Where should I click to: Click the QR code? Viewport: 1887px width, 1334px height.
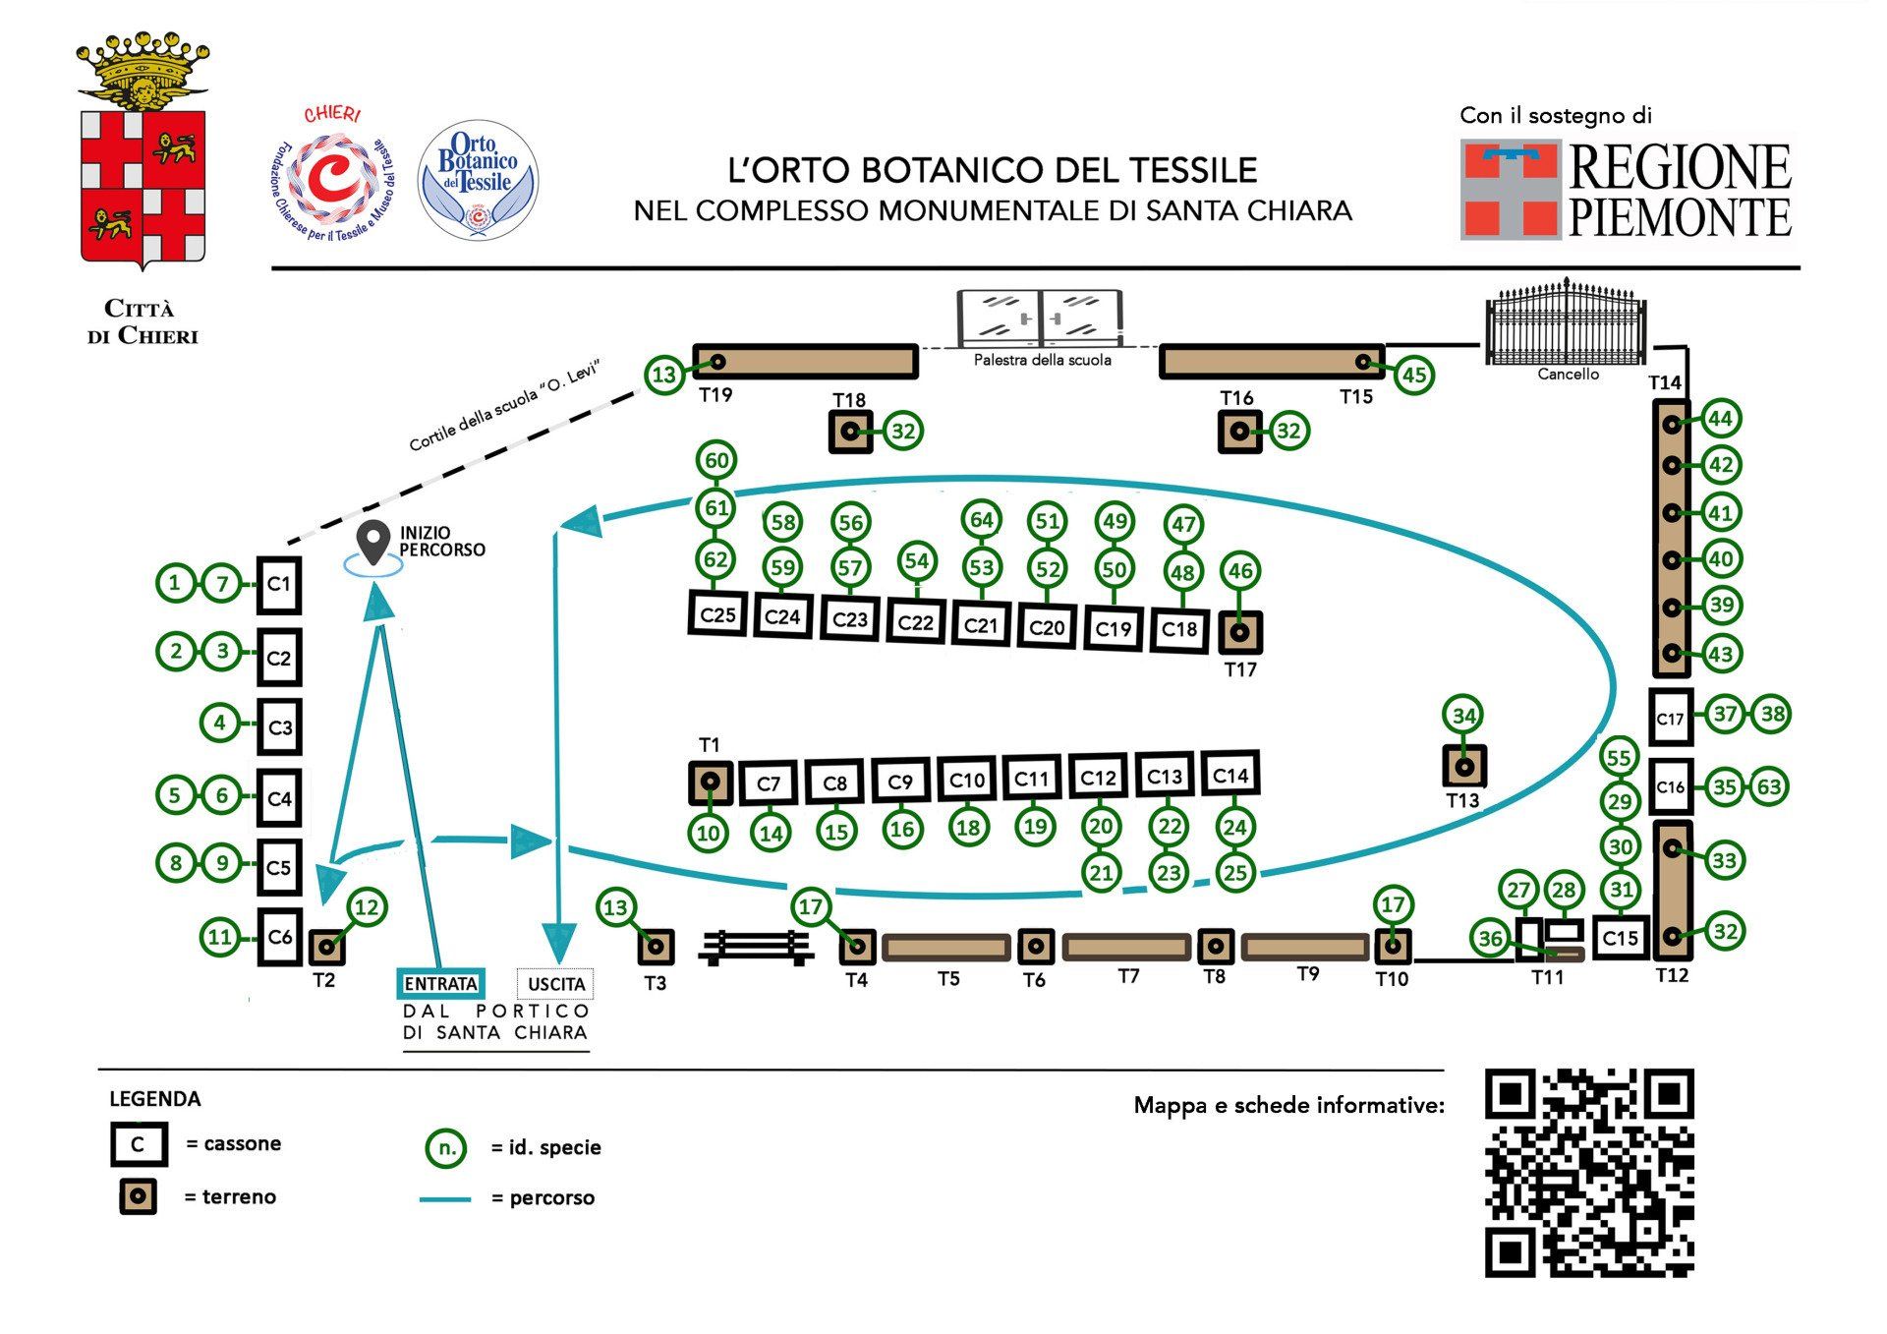pyautogui.click(x=1589, y=1172)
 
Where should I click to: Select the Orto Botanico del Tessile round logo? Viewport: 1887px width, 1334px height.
pyautogui.click(x=478, y=180)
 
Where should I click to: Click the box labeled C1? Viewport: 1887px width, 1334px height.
pyautogui.click(x=278, y=585)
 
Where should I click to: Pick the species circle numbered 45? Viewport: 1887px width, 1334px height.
pyautogui.click(x=1413, y=375)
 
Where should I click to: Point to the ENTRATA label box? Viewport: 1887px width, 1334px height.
pyautogui.click(x=440, y=983)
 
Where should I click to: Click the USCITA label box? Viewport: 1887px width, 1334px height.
pyautogui.click(x=555, y=983)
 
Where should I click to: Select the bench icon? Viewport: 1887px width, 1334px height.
pyautogui.click(x=756, y=947)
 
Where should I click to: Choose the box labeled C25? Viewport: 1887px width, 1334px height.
pyautogui.click(x=717, y=614)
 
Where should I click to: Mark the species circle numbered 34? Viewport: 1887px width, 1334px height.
pyautogui.click(x=1463, y=715)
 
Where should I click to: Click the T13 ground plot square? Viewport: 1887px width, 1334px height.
pyautogui.click(x=1463, y=767)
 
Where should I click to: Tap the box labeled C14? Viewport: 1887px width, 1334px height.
pyautogui.click(x=1230, y=776)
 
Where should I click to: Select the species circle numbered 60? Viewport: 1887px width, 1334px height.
pyautogui.click(x=716, y=460)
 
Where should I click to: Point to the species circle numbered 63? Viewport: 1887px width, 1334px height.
pyautogui.click(x=1769, y=786)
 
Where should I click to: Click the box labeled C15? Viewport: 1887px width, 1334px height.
pyautogui.click(x=1620, y=938)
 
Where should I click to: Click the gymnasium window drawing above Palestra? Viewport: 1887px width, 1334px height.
pyautogui.click(x=1040, y=317)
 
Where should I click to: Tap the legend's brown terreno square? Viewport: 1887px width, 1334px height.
pyautogui.click(x=138, y=1196)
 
